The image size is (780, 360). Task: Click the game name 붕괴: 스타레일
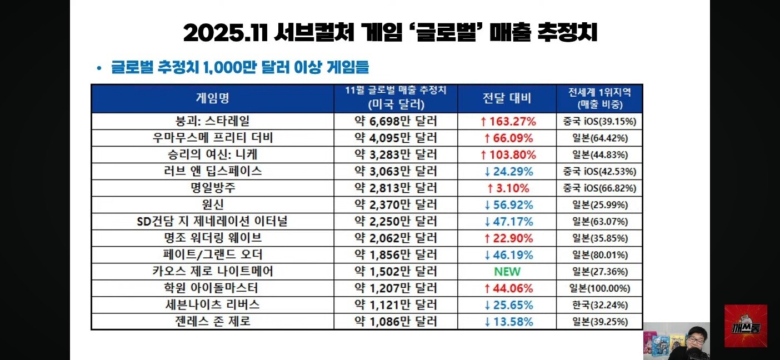coord(212,121)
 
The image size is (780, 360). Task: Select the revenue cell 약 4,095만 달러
coord(396,138)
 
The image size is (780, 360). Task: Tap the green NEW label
coord(507,272)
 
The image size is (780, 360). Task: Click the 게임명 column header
coord(212,98)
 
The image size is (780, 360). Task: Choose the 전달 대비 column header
coord(507,98)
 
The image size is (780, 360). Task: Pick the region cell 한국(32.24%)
coord(600,305)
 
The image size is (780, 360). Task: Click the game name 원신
coord(212,204)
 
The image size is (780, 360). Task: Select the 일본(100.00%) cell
coord(600,288)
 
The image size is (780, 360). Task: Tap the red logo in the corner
coord(746,326)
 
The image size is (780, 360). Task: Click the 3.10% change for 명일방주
coord(507,188)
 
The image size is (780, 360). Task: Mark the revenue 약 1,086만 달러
coord(396,322)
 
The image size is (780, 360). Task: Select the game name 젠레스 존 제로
coord(212,322)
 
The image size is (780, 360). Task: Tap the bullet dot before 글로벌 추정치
coord(99,68)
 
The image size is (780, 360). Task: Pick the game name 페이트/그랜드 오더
coord(212,255)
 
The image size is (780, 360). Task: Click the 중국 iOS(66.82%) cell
coord(600,188)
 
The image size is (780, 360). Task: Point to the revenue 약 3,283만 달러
coord(396,154)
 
